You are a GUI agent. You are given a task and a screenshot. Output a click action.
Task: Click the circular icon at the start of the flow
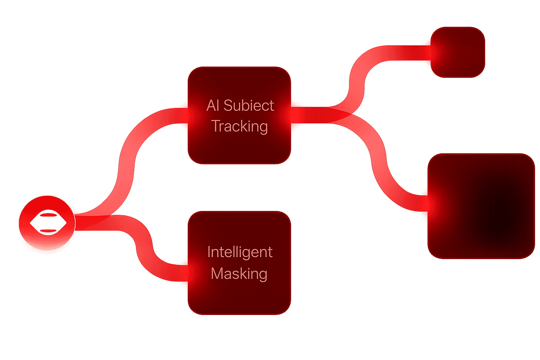click(x=47, y=223)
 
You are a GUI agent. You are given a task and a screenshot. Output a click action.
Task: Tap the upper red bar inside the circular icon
click(x=48, y=214)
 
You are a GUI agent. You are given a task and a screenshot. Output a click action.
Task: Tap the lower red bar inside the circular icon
click(x=48, y=231)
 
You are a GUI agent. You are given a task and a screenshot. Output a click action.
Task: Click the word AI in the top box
click(x=213, y=105)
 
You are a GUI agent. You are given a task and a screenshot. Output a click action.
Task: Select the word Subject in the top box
click(x=249, y=106)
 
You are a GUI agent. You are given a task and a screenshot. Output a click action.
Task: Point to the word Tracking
click(x=239, y=127)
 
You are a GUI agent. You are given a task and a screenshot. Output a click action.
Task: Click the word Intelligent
click(x=240, y=252)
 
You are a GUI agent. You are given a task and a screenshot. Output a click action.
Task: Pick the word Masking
click(x=239, y=274)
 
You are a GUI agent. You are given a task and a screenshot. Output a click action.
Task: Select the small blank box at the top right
click(x=458, y=52)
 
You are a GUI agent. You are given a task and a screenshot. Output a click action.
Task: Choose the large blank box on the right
click(x=481, y=206)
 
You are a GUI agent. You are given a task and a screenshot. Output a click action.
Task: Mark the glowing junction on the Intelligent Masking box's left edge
click(x=189, y=272)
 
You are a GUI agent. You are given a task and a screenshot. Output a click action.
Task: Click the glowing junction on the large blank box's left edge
click(x=429, y=204)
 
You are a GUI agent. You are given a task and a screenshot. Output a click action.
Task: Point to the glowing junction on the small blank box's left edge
click(x=432, y=53)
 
